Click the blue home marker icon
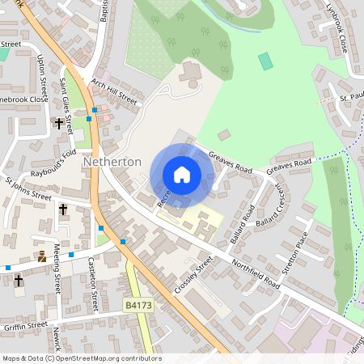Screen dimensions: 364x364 coord(182,175)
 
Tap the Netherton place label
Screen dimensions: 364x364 coord(112,162)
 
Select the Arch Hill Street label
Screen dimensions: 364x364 coord(114,96)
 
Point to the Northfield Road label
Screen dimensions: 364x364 coord(256,276)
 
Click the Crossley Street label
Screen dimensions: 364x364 coord(193,276)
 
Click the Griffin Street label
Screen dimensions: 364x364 coord(25,326)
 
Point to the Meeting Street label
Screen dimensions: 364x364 coord(57,274)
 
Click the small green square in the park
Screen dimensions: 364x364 coord(265,61)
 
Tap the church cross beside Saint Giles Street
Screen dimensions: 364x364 coord(59,124)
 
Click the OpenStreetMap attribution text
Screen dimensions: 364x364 coord(81,358)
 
